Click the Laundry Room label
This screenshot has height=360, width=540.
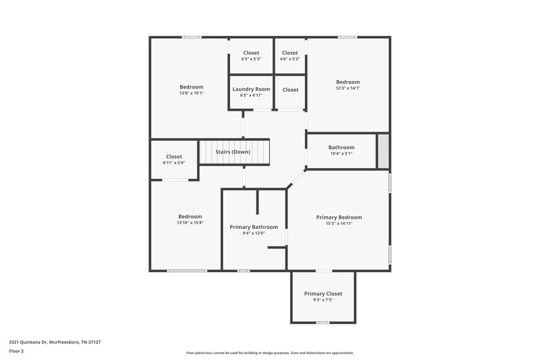251,89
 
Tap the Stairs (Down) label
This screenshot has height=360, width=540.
233,152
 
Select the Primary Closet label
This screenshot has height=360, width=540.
323,294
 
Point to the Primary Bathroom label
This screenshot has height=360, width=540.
254,227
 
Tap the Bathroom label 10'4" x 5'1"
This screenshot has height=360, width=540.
341,147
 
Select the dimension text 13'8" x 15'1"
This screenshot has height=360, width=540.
191,93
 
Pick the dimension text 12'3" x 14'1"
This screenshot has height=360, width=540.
348,88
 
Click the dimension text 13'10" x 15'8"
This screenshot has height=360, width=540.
190,222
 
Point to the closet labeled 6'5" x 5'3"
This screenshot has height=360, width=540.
251,53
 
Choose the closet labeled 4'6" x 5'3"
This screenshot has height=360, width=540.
290,53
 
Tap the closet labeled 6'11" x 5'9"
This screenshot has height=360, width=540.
173,157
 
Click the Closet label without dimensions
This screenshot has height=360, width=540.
290,90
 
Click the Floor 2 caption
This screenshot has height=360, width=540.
16,351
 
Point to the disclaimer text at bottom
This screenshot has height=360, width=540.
269,353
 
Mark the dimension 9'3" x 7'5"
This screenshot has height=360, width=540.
323,300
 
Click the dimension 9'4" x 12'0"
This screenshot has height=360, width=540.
254,233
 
